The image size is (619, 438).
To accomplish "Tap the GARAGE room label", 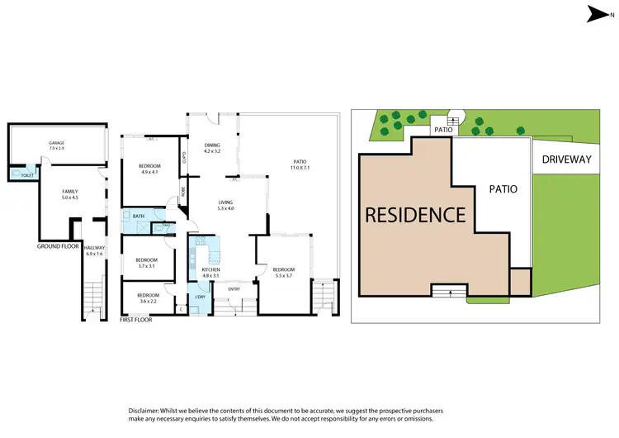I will coord(56,143).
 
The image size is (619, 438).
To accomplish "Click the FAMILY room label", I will coord(70,192).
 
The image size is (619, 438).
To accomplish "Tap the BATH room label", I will coord(138,217).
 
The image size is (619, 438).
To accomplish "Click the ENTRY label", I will coord(234,288).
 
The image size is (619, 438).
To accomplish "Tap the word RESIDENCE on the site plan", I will coord(415,215).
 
